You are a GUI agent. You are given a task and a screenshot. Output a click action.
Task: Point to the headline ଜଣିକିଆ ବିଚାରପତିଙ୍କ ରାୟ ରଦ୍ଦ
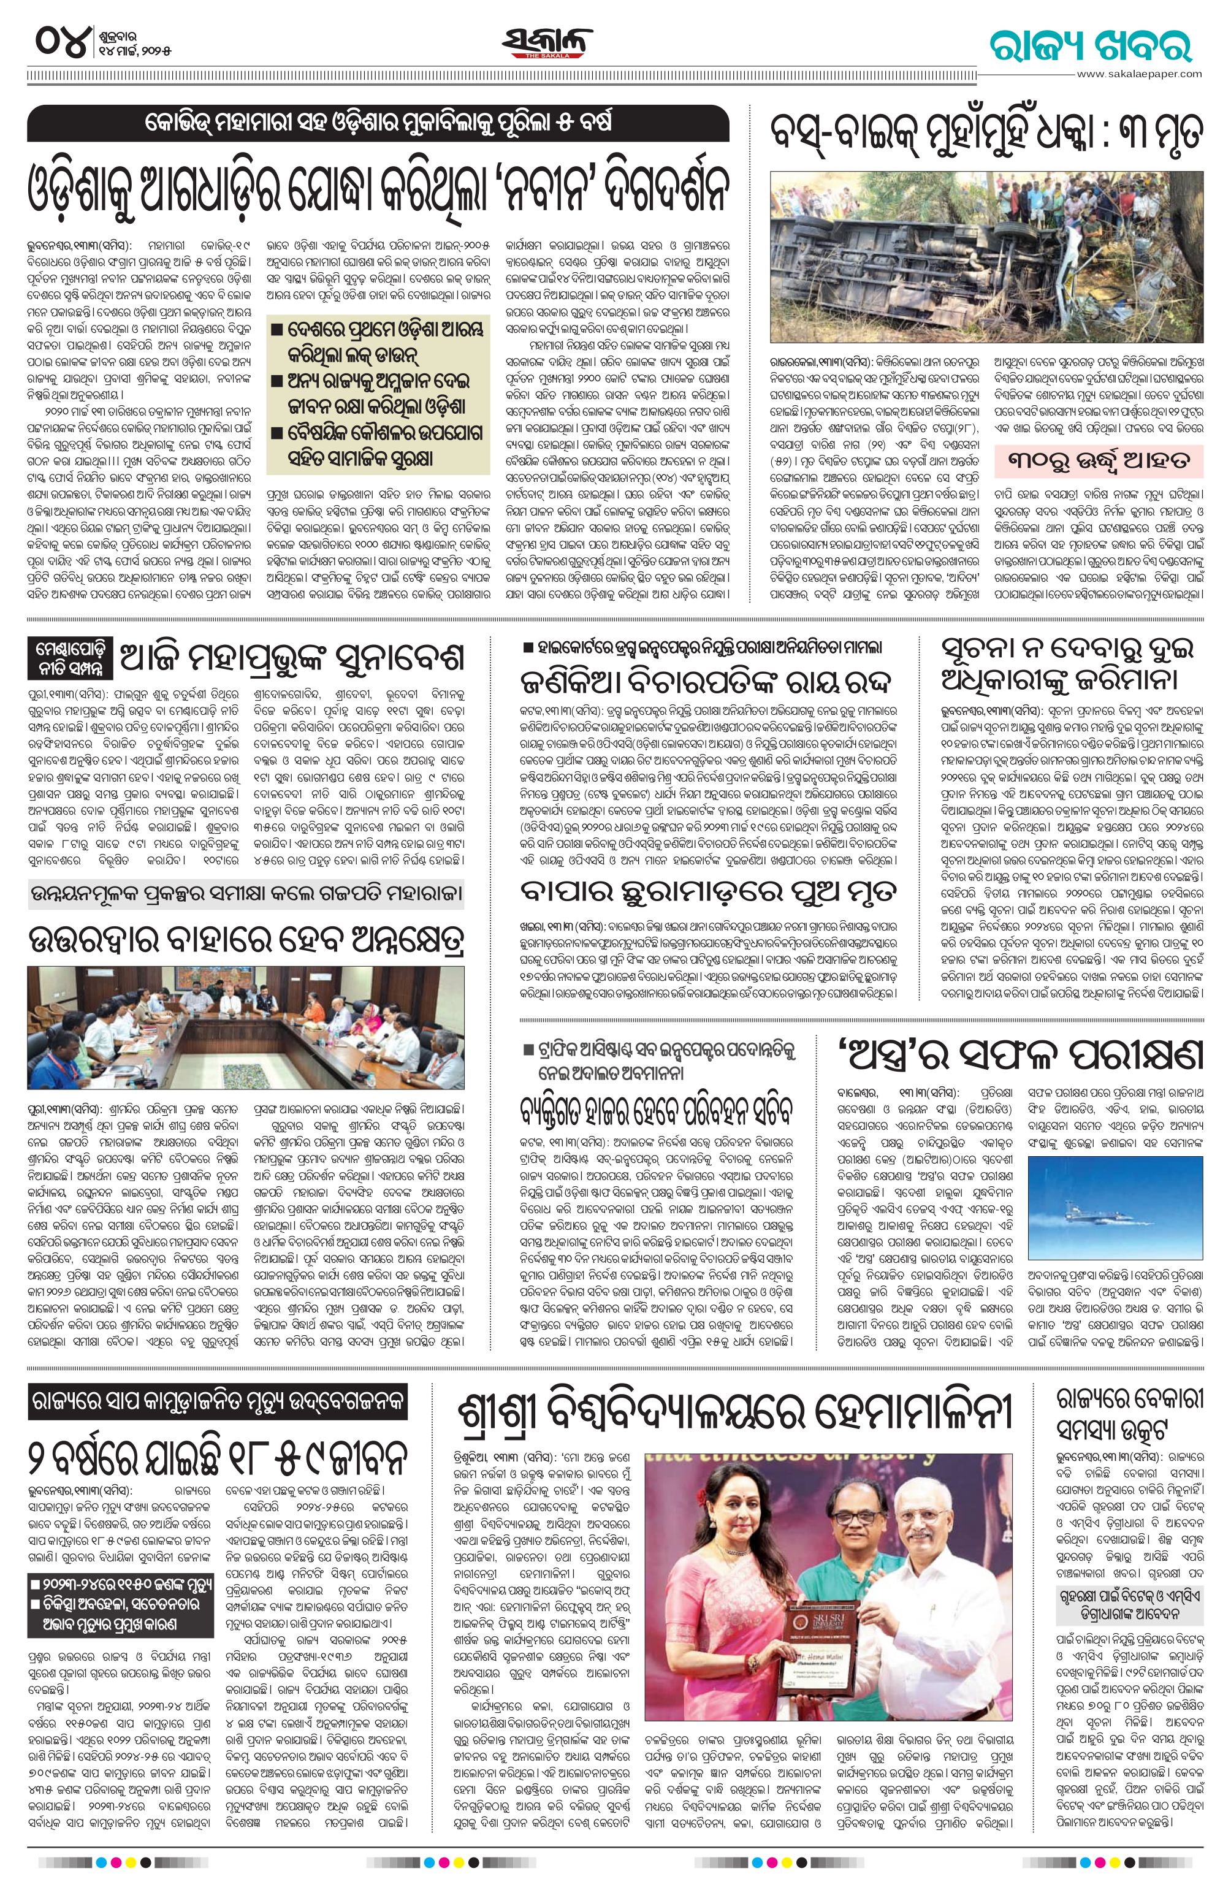(x=709, y=680)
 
